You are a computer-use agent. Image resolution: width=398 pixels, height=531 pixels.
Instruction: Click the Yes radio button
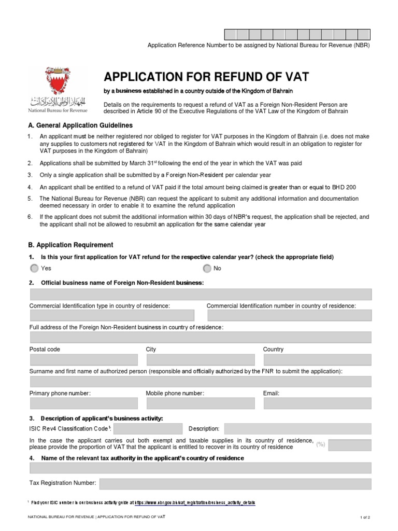click(34, 268)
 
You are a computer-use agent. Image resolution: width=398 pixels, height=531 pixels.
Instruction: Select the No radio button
click(207, 268)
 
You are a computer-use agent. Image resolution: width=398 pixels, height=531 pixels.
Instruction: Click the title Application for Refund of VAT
click(206, 77)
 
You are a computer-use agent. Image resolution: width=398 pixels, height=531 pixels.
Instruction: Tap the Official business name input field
click(201, 295)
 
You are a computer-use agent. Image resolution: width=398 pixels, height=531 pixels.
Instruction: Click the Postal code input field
click(84, 360)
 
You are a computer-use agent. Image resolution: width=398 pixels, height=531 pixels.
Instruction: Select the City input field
click(200, 360)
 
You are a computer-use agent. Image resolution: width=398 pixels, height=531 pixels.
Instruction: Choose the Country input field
click(317, 360)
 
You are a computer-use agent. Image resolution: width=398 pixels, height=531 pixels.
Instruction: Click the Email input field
click(317, 403)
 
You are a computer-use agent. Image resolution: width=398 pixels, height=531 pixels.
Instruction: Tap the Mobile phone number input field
click(200, 403)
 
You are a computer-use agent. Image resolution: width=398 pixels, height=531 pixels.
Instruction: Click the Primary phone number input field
click(84, 403)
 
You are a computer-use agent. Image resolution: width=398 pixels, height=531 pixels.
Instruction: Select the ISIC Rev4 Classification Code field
click(148, 428)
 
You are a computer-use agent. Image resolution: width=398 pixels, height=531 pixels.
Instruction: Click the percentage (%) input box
click(350, 444)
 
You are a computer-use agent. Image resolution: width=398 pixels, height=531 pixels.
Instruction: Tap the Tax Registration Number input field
click(235, 484)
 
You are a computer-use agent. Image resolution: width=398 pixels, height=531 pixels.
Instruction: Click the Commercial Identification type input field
click(112, 316)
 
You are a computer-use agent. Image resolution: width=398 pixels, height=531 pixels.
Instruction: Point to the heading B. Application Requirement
click(71, 245)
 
